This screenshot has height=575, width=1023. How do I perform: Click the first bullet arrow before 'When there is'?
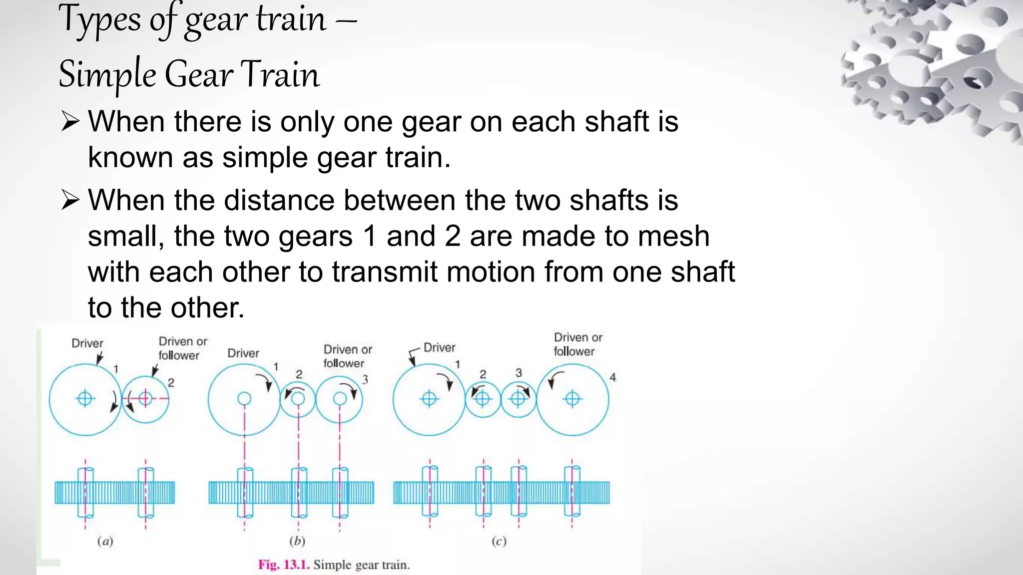click(70, 122)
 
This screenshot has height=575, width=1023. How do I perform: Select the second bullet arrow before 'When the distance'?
click(70, 201)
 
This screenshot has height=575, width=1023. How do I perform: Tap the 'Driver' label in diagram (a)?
click(87, 343)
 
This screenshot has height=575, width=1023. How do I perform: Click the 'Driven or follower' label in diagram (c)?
click(577, 344)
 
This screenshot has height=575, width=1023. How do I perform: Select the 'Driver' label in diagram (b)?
click(243, 353)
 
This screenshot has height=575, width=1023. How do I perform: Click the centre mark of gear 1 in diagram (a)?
click(85, 398)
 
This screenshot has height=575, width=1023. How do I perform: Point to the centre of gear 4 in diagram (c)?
click(572, 399)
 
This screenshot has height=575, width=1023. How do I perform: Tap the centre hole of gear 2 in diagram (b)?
click(298, 398)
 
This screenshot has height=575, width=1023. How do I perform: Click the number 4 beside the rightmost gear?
click(613, 378)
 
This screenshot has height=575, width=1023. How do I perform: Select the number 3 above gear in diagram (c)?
click(518, 373)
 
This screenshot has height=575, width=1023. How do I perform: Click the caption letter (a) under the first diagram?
click(105, 541)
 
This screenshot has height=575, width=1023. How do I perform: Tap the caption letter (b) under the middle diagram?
click(297, 541)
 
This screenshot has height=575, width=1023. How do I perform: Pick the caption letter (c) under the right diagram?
click(499, 541)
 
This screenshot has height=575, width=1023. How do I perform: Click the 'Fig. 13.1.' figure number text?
click(284, 565)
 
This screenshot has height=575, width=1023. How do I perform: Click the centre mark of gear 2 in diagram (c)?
click(483, 399)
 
